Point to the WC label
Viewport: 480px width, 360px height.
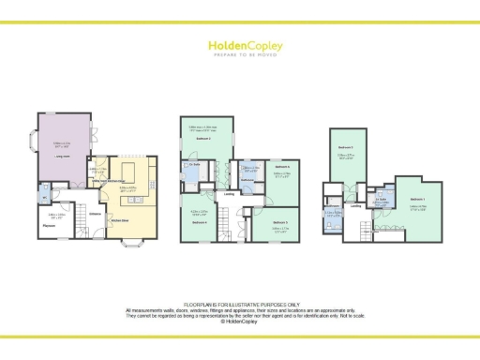(x=44, y=196)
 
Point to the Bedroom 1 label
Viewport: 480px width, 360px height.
(x=417, y=200)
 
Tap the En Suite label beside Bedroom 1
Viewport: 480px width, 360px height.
(x=382, y=199)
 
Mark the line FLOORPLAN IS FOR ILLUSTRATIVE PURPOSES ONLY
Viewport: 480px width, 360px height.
(x=239, y=306)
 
